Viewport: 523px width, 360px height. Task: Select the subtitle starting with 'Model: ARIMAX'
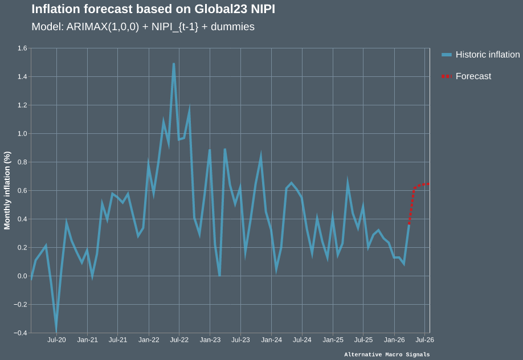click(x=143, y=27)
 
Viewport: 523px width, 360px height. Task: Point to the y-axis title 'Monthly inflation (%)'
click(x=7, y=190)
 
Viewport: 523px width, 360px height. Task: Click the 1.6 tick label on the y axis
click(x=22, y=48)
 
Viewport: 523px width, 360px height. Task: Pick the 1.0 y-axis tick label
click(x=22, y=134)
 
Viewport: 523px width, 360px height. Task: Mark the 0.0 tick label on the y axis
click(x=22, y=276)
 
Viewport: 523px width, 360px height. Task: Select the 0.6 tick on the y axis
click(x=22, y=191)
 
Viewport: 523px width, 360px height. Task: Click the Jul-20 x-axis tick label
click(x=56, y=340)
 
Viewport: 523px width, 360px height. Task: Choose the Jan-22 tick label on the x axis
click(x=149, y=340)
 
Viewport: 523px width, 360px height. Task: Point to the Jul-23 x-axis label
click(x=241, y=340)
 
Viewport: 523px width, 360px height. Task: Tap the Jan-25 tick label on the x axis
click(x=333, y=340)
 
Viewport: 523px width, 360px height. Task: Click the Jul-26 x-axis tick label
click(x=425, y=340)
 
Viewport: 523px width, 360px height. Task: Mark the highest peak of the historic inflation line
click(x=173, y=63)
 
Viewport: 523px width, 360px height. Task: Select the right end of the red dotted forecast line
click(x=429, y=185)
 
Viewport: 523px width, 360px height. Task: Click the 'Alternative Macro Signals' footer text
click(x=387, y=354)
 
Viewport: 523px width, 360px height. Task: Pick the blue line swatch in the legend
click(x=447, y=55)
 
